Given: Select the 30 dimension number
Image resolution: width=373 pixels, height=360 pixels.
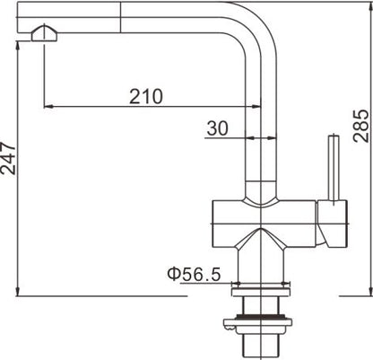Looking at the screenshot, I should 218,128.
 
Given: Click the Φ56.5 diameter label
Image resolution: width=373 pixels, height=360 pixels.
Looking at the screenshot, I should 192,275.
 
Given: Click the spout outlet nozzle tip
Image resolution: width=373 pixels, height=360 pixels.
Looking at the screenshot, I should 43,35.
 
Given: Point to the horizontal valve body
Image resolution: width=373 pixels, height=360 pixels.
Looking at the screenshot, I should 265,214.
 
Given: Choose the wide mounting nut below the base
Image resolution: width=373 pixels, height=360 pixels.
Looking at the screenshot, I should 261,318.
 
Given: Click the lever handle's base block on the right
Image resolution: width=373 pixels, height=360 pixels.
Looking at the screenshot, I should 334,224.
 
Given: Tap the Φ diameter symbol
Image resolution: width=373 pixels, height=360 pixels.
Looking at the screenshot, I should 171,275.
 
